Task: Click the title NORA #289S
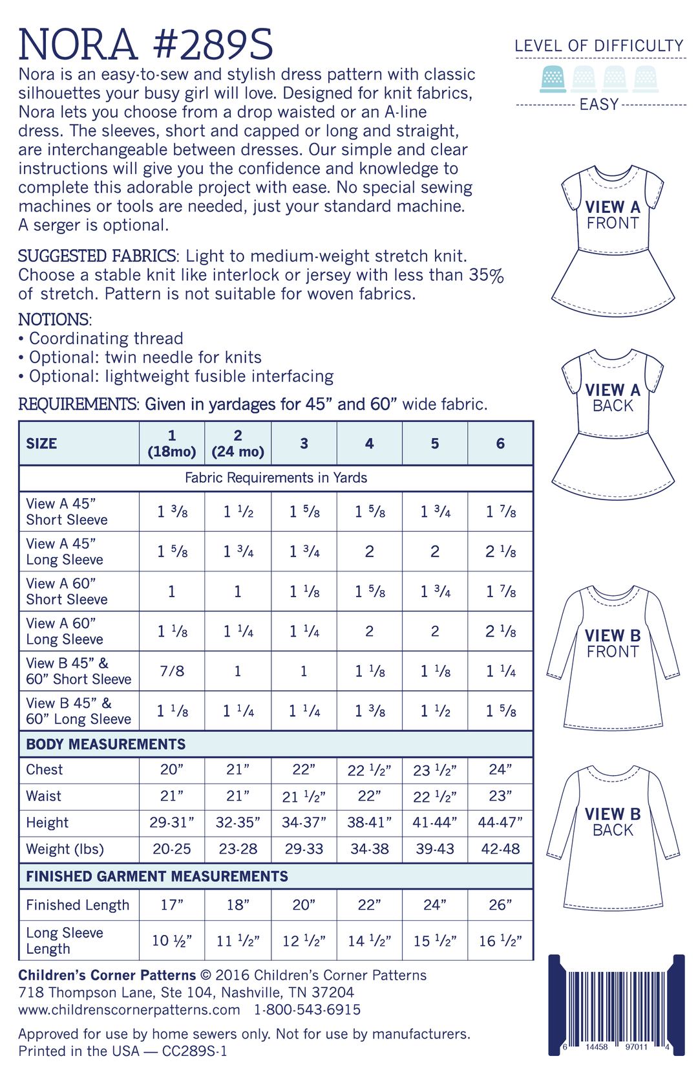coord(146,44)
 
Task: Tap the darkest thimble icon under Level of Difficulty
coord(553,78)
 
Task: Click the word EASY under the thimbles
coord(599,104)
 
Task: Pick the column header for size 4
coord(369,443)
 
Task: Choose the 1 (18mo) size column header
coord(172,443)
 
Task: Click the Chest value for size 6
coord(500,769)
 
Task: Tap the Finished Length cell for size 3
coord(304,905)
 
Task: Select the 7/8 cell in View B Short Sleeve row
coord(172,671)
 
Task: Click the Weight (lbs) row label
coord(65,849)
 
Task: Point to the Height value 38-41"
coord(369,822)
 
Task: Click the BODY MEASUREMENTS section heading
coord(106,744)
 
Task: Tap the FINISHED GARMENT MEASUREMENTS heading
coord(157,876)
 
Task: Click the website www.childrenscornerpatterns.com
coord(129,1009)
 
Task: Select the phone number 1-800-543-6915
coord(307,1009)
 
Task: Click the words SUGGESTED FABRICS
coord(97,256)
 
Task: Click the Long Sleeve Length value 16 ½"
coord(500,941)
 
